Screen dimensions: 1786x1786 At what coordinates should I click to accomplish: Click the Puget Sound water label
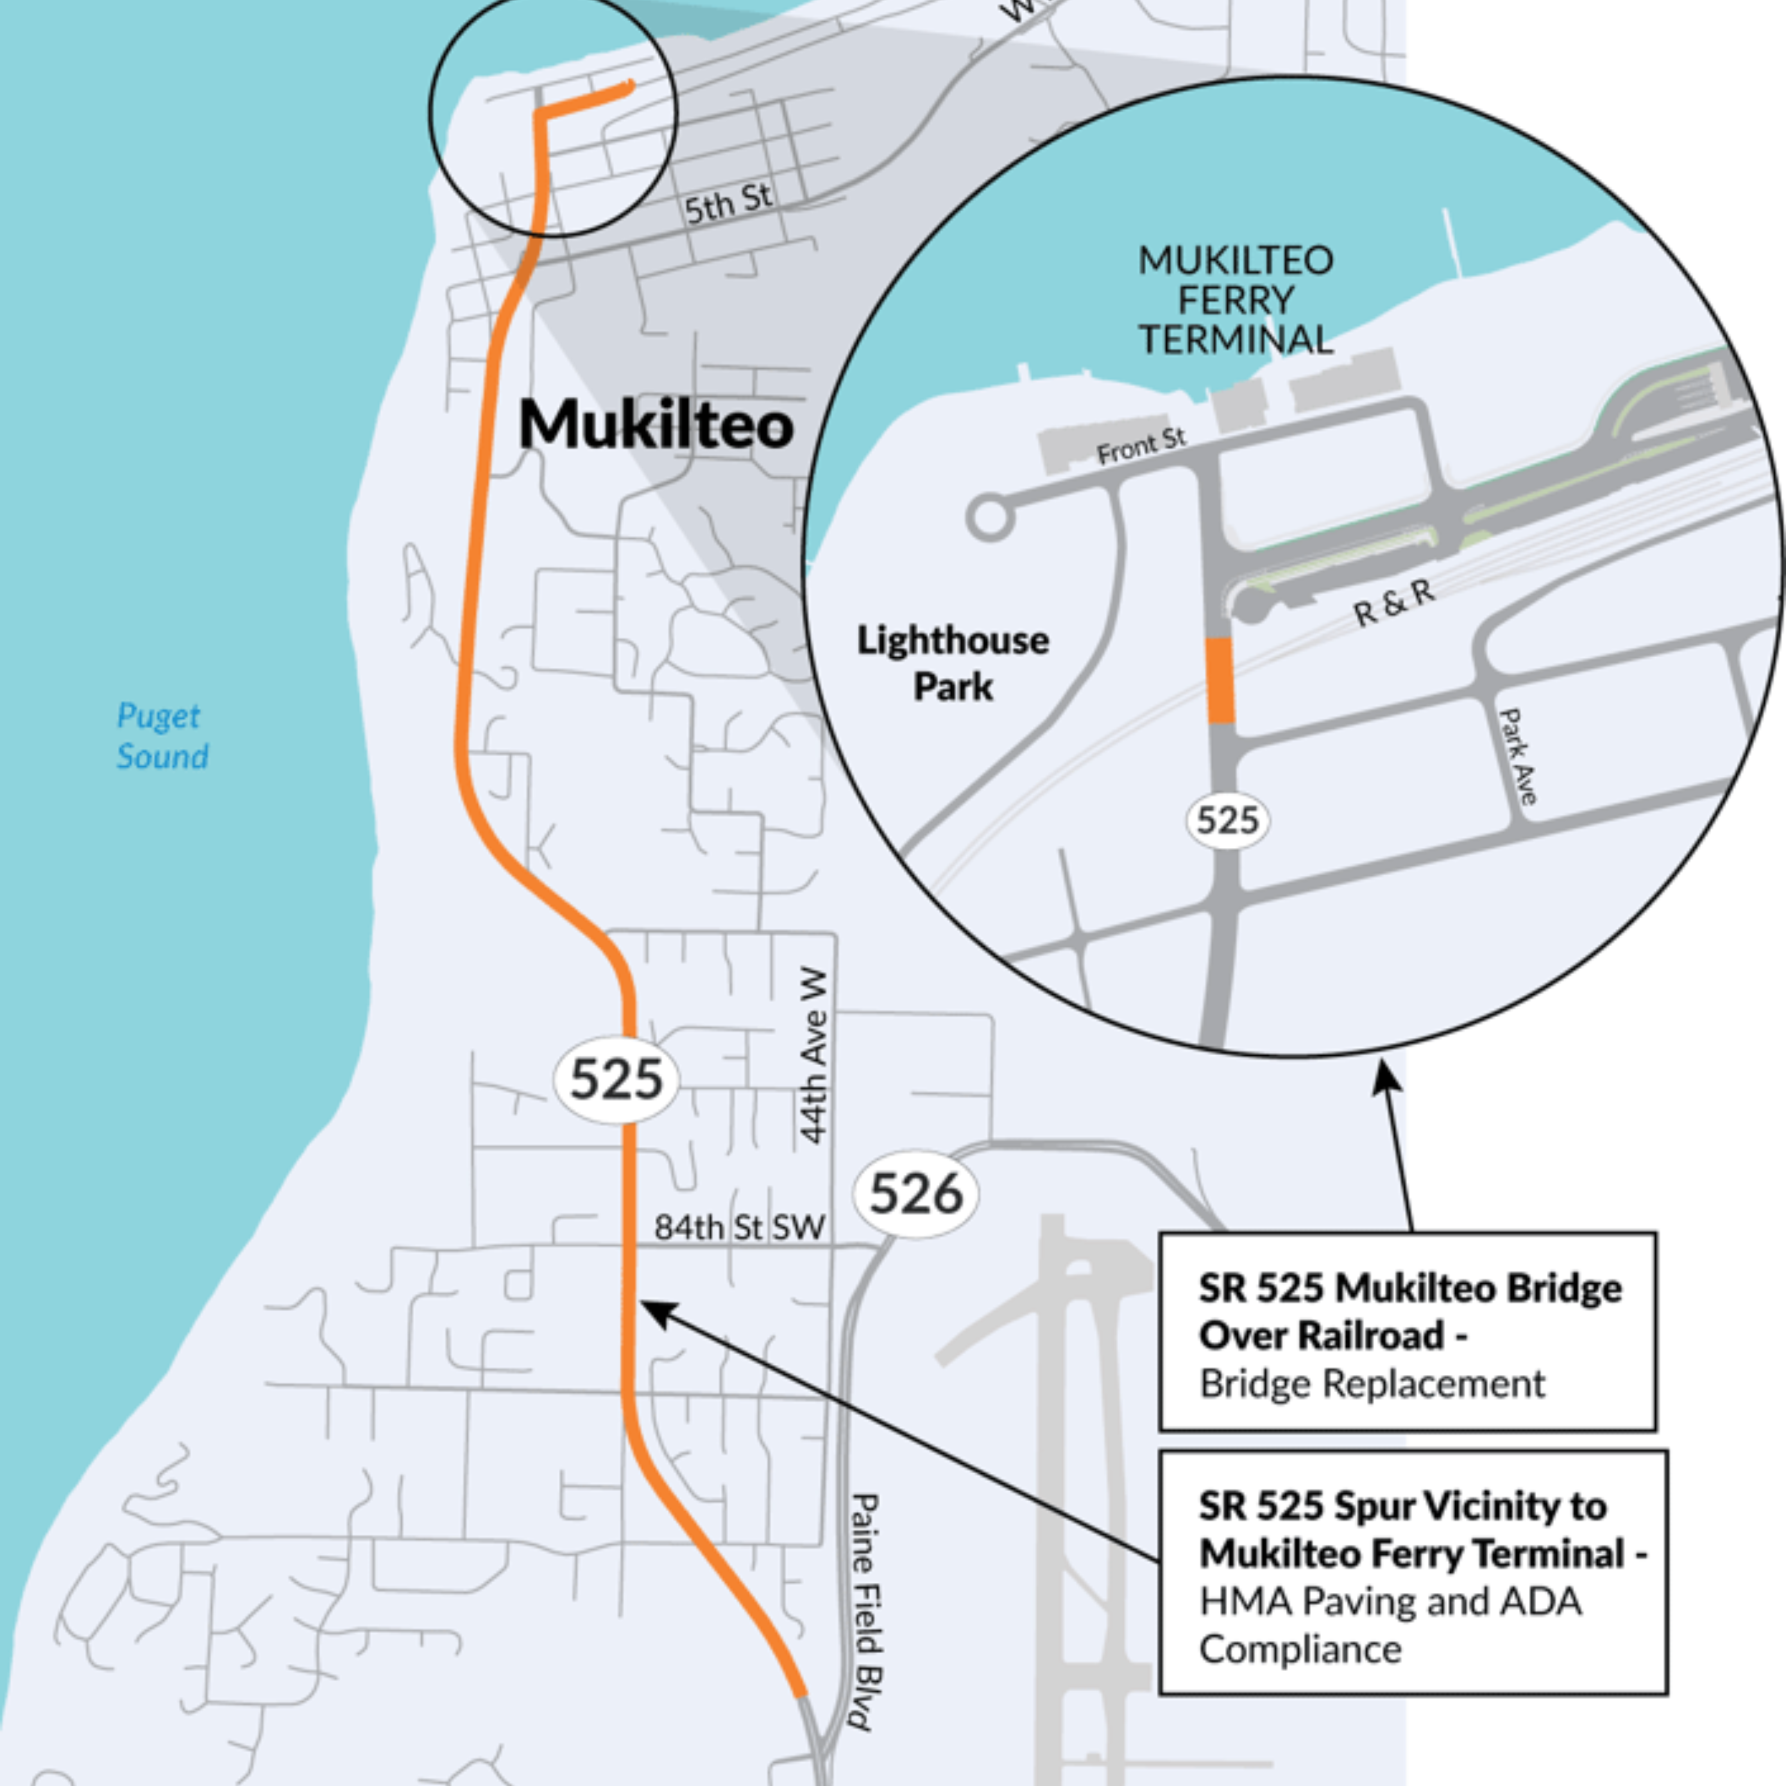[x=162, y=736]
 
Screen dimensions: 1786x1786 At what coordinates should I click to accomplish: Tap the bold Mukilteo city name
[x=656, y=424]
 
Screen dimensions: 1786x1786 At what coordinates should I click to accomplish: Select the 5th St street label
[x=729, y=203]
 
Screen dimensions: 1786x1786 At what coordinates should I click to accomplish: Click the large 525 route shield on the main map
[x=615, y=1078]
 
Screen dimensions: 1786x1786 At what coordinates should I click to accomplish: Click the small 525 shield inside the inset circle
[x=1228, y=820]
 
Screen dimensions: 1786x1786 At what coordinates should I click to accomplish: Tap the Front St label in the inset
[x=1141, y=447]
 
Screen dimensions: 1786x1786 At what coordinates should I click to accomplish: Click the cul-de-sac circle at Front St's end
[x=989, y=518]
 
